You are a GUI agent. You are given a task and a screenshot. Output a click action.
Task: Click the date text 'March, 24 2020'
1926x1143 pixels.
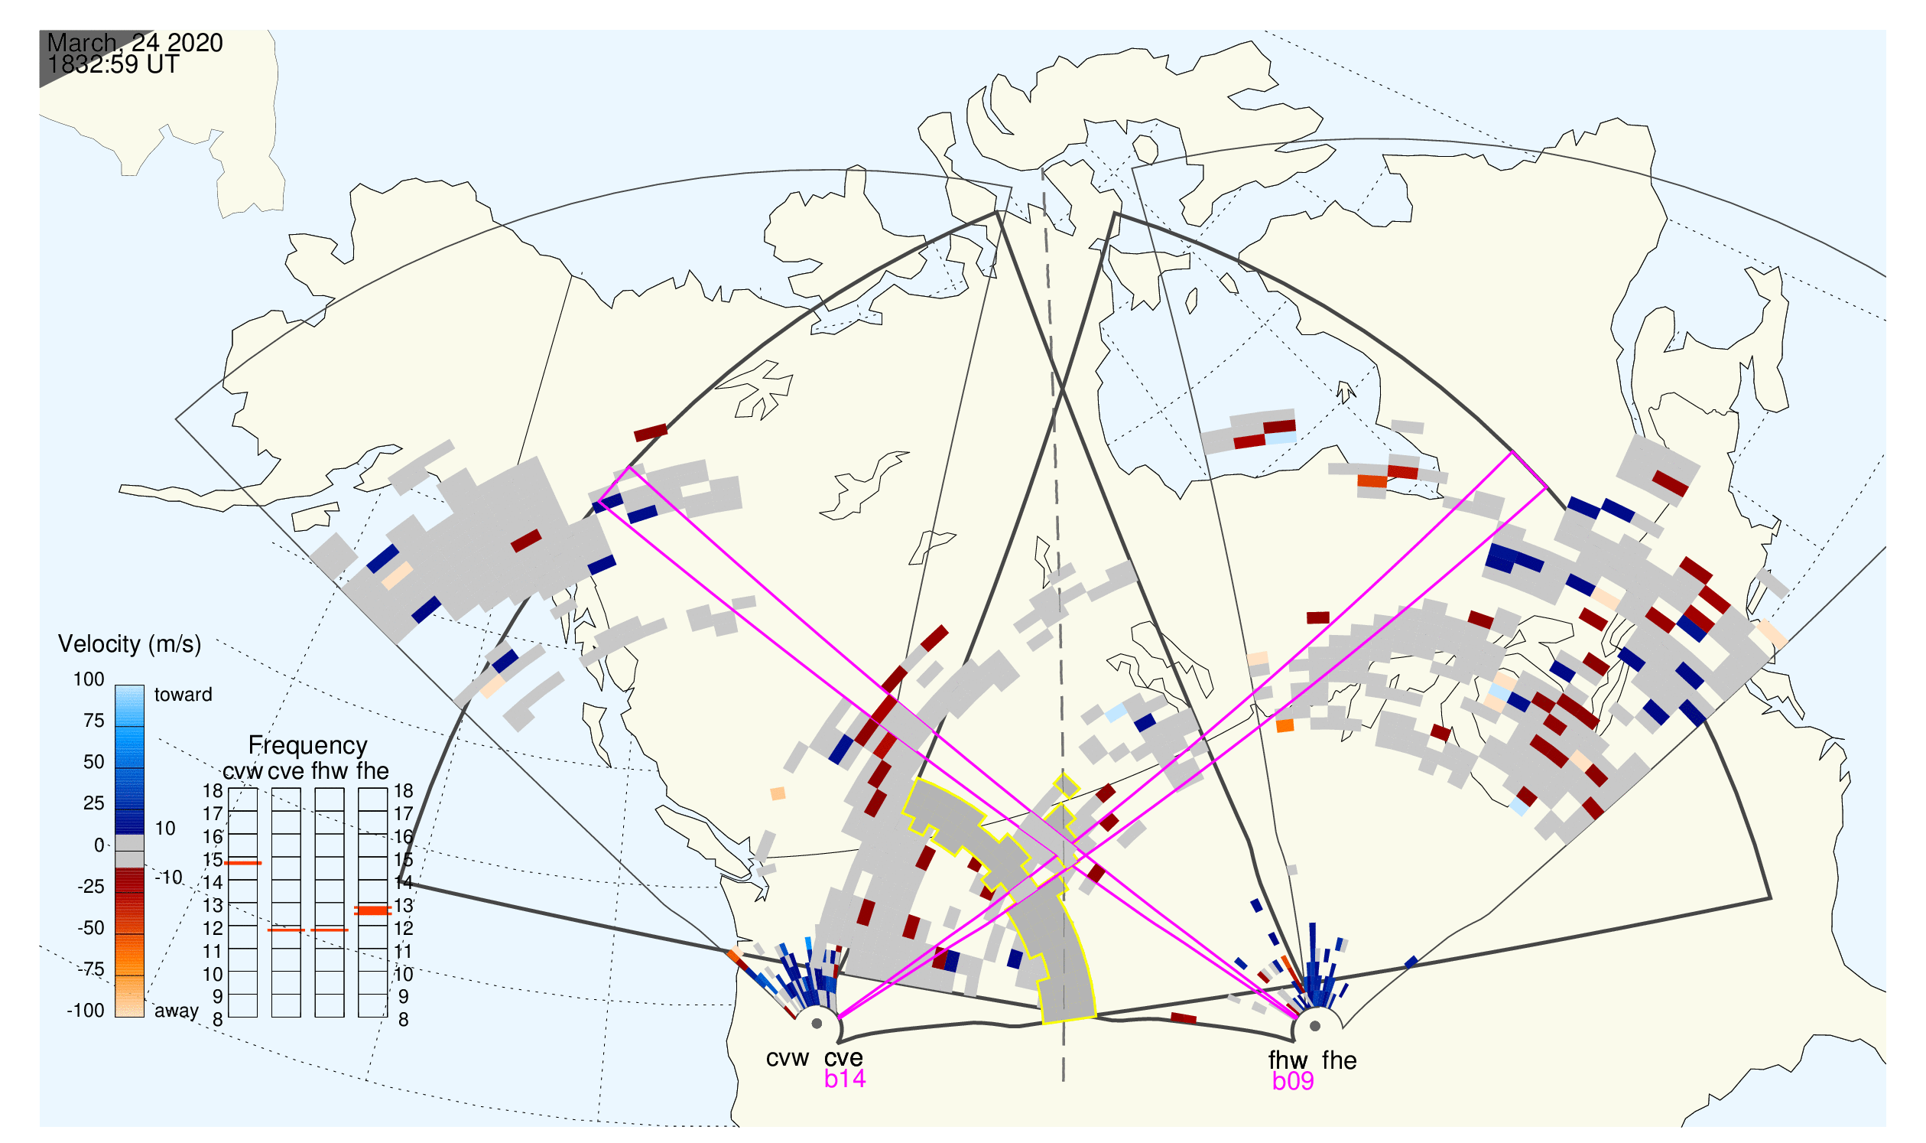pyautogui.click(x=135, y=42)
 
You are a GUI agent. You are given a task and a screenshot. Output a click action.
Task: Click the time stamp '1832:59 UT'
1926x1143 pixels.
pyautogui.click(x=113, y=65)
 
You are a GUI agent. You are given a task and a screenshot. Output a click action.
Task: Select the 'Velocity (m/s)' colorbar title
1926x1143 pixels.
pyautogui.click(x=129, y=644)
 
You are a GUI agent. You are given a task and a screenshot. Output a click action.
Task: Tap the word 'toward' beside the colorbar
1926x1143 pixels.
pyautogui.click(x=184, y=695)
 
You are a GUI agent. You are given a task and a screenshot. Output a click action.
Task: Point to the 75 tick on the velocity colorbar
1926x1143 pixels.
pyautogui.click(x=94, y=721)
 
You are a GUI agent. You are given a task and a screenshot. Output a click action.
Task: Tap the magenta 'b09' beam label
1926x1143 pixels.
pyautogui.click(x=1293, y=1081)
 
